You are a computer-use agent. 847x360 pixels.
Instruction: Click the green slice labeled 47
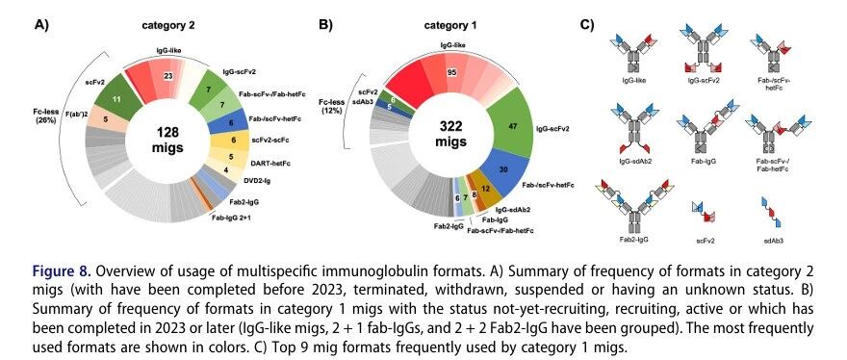tap(510, 123)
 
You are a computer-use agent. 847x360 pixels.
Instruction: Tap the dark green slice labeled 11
tap(116, 96)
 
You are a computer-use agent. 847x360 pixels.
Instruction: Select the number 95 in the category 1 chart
tap(452, 72)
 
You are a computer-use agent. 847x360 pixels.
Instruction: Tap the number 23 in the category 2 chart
tap(168, 76)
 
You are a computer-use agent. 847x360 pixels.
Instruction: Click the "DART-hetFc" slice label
tap(265, 162)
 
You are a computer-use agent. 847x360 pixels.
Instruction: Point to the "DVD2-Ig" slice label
tap(259, 181)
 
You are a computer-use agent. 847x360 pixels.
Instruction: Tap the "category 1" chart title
tap(450, 25)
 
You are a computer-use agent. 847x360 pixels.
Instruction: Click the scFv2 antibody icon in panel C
tap(706, 212)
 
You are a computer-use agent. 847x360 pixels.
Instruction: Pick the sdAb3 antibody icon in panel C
tap(773, 212)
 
